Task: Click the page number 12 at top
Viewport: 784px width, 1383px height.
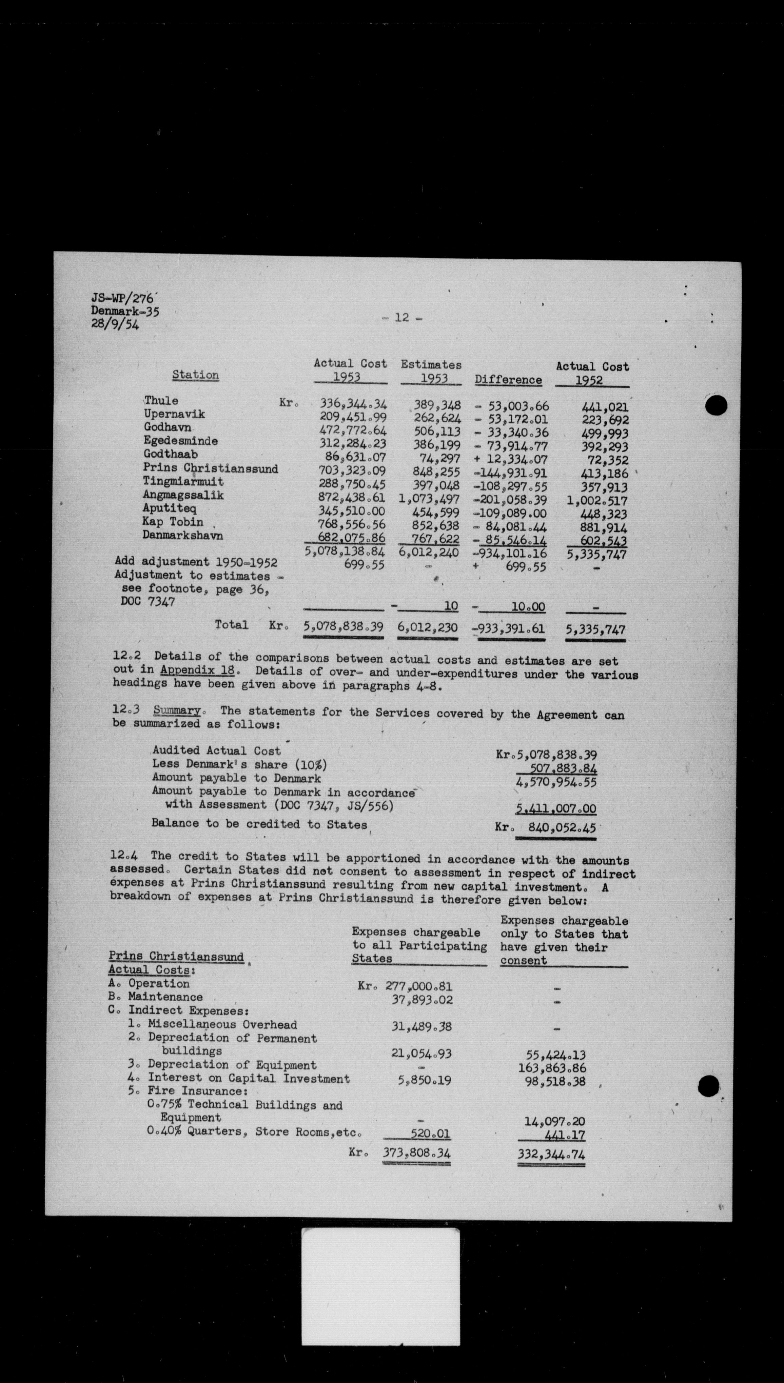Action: point(402,318)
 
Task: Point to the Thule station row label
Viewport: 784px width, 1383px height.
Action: point(161,400)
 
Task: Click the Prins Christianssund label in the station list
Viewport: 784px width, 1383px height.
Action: point(211,468)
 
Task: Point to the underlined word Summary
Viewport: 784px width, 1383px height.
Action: point(177,710)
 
